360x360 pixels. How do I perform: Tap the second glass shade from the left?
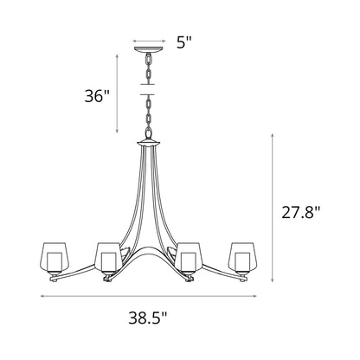[x=107, y=257]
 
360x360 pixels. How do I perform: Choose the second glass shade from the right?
[x=190, y=257]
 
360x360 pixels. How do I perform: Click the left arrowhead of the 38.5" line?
[x=41, y=297]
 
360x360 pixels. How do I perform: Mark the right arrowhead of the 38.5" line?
[x=259, y=297]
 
